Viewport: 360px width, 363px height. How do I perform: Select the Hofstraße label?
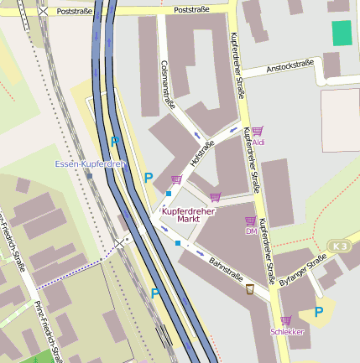[x=203, y=154]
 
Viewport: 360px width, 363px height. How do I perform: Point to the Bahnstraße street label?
[x=225, y=270]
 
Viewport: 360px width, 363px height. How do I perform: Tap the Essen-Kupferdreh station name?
[x=90, y=163]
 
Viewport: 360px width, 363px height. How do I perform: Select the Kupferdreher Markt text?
[x=189, y=215]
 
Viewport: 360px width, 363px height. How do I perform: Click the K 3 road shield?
[x=339, y=246]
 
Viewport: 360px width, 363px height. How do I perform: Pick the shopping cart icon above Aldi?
[x=257, y=131]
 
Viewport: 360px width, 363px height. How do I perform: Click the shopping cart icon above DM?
[x=250, y=220]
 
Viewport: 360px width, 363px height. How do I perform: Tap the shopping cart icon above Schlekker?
[x=286, y=320]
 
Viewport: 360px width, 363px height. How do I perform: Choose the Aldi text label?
[x=258, y=143]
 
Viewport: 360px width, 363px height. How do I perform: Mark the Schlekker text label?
[x=287, y=332]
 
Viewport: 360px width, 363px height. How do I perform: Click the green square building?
[x=342, y=34]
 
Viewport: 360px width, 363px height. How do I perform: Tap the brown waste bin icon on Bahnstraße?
[x=250, y=289]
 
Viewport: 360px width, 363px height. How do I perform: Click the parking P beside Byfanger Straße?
[x=319, y=312]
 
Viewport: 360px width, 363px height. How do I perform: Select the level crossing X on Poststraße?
[x=43, y=12]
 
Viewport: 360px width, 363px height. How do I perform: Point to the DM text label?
[x=250, y=231]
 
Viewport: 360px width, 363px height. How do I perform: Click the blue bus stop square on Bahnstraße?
[x=178, y=243]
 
